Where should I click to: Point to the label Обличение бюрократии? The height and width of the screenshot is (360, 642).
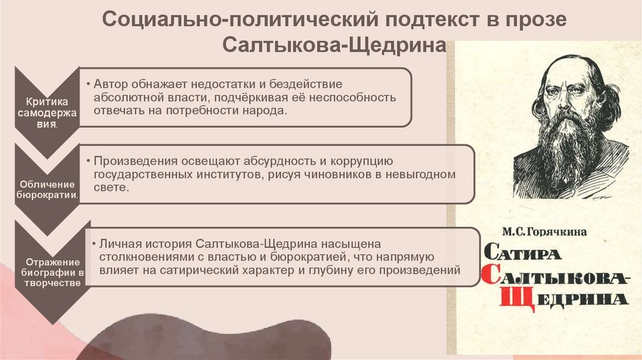click(x=48, y=189)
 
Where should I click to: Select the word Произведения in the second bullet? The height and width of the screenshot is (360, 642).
click(x=134, y=161)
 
